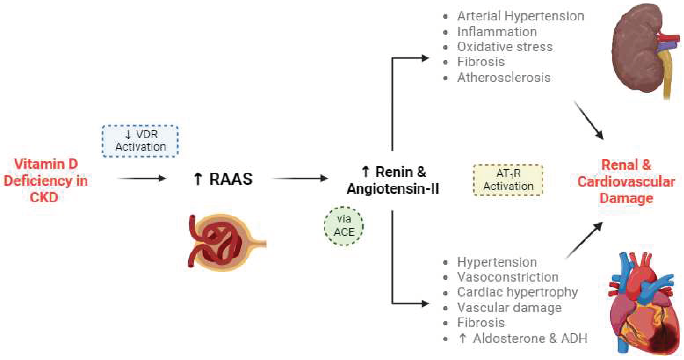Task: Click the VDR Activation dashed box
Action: pos(140,141)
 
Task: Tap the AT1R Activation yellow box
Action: pos(508,180)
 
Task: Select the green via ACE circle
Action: pos(344,226)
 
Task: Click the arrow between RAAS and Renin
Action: pos(300,178)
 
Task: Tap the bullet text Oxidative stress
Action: pos(504,47)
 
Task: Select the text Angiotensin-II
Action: pos(393,189)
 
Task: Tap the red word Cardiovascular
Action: pos(626,182)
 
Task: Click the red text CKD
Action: pos(44,197)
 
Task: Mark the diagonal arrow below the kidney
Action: pos(589,120)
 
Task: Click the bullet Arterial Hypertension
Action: pos(520,16)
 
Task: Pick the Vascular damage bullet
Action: pos(509,308)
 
